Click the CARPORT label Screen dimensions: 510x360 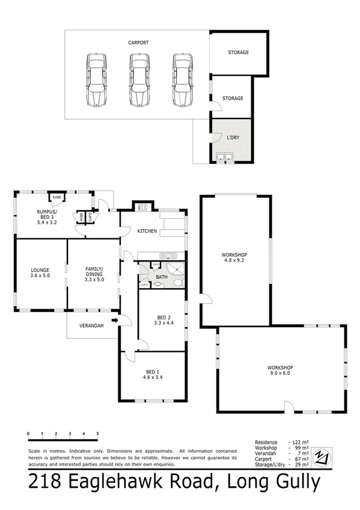pos(138,43)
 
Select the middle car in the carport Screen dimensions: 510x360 pos(139,80)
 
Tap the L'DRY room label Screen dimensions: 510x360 pos(232,138)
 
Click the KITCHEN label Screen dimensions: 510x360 pos(147,231)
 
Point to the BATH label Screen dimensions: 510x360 pos(162,277)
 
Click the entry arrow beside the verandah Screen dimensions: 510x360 pos(115,321)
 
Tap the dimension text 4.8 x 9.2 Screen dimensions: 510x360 pos(235,260)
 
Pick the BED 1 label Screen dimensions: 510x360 pos(153,371)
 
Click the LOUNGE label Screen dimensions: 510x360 pos(41,269)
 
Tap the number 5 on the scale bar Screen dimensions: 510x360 pos(97,433)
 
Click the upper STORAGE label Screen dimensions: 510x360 pos(237,52)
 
